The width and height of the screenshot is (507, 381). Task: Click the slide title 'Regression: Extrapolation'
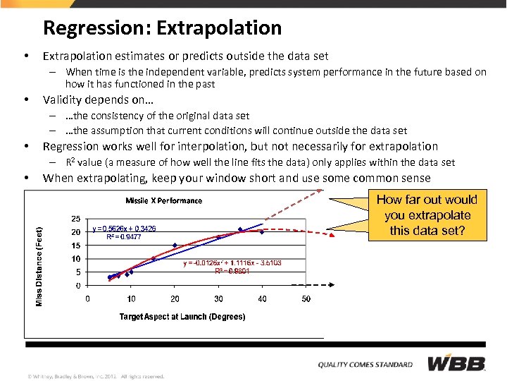162,28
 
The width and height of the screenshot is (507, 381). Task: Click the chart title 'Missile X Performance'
163,200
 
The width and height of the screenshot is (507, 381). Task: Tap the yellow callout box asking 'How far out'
427,215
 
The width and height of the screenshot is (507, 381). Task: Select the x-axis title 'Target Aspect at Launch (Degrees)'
182,317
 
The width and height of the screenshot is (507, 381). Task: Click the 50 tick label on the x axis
306,299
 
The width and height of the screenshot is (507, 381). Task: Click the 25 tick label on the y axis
75,219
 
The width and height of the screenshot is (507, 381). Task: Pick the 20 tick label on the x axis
175,299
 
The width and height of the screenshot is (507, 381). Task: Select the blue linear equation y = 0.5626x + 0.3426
125,229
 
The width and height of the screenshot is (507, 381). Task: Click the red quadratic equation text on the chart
232,262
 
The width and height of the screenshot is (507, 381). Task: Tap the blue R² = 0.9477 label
124,238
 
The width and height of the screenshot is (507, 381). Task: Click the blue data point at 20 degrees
175,246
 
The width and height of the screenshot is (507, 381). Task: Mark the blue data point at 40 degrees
262,231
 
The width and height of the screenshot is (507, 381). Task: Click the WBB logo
457,364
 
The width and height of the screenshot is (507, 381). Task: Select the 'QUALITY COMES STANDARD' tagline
365,365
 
